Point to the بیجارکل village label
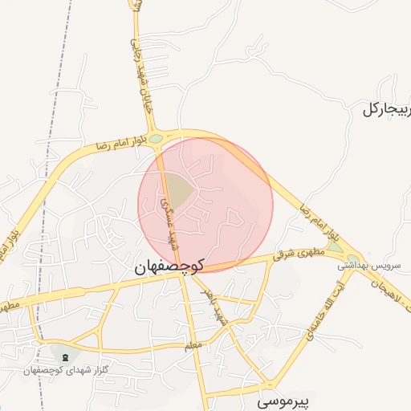coord(385,109)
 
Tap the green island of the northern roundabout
coord(156,139)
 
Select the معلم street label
coord(190,345)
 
